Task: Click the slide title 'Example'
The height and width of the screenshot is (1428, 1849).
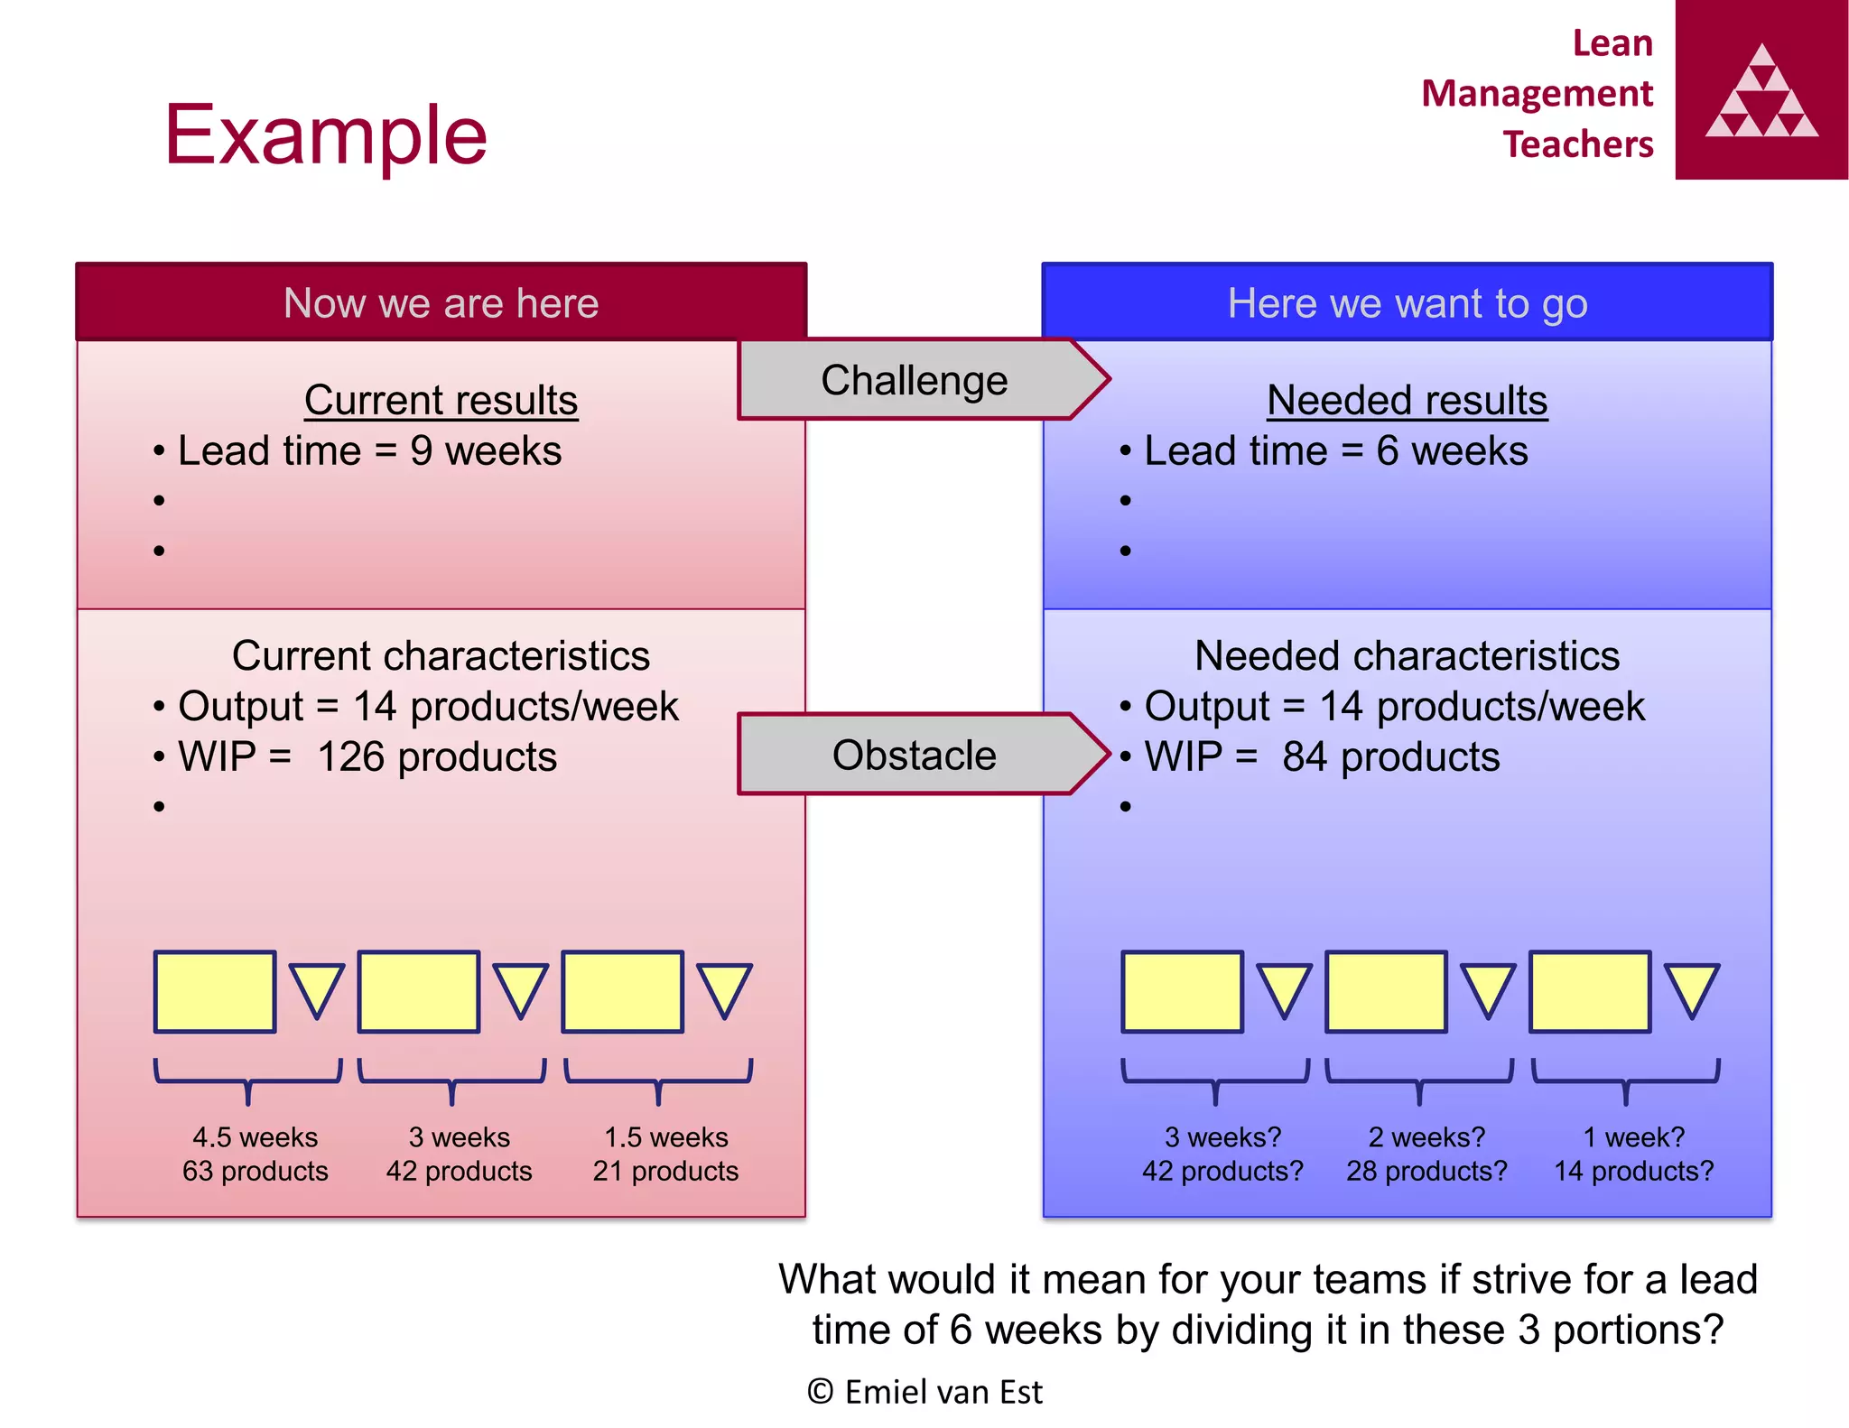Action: point(326,135)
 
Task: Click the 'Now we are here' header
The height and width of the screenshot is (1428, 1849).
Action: point(441,303)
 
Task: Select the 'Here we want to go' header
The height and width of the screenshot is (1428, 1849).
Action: point(1407,303)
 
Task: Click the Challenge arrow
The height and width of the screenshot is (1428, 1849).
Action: point(915,380)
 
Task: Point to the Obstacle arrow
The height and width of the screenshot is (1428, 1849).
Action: point(915,755)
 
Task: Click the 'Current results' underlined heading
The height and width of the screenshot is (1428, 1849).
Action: point(441,400)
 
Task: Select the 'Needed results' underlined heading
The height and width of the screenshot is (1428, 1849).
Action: point(1407,400)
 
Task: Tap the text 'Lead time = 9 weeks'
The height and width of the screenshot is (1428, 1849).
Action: point(369,450)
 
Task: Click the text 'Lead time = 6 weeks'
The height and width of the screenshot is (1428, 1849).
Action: point(1336,450)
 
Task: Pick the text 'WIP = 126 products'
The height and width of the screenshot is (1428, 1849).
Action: point(367,756)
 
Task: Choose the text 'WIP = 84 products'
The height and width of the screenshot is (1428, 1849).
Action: point(1322,756)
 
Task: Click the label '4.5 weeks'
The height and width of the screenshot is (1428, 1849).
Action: point(255,1136)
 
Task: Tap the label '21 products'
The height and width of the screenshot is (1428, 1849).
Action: point(665,1171)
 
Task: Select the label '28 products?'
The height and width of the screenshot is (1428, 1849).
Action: point(1426,1171)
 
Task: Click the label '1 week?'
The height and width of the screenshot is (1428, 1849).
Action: point(1634,1136)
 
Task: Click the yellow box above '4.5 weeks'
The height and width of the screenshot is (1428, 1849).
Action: point(215,991)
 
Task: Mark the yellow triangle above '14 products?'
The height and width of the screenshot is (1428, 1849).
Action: point(1691,988)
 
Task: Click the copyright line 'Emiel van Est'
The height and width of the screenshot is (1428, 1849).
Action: point(925,1392)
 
